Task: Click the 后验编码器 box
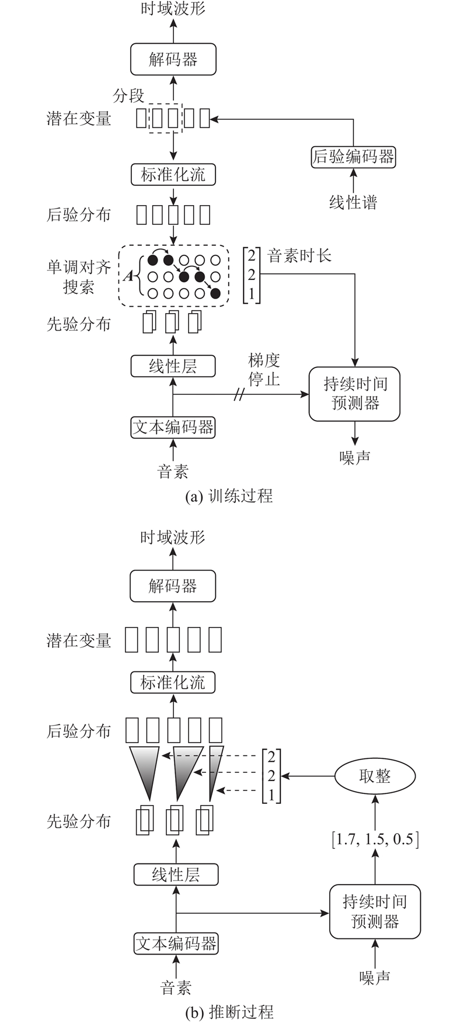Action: pos(353,157)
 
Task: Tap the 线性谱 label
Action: pos(353,203)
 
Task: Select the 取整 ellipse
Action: pos(375,776)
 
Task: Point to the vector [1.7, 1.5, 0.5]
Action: pos(375,840)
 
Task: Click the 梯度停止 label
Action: pos(264,370)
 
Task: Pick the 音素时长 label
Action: pos(299,255)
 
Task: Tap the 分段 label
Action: pos(128,95)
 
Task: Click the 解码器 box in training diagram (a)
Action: pos(173,60)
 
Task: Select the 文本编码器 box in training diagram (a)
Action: pos(173,427)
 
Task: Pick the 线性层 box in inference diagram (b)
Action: pos(176,875)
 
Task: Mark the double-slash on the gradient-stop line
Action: pos(239,396)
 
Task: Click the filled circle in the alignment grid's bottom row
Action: pos(216,293)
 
